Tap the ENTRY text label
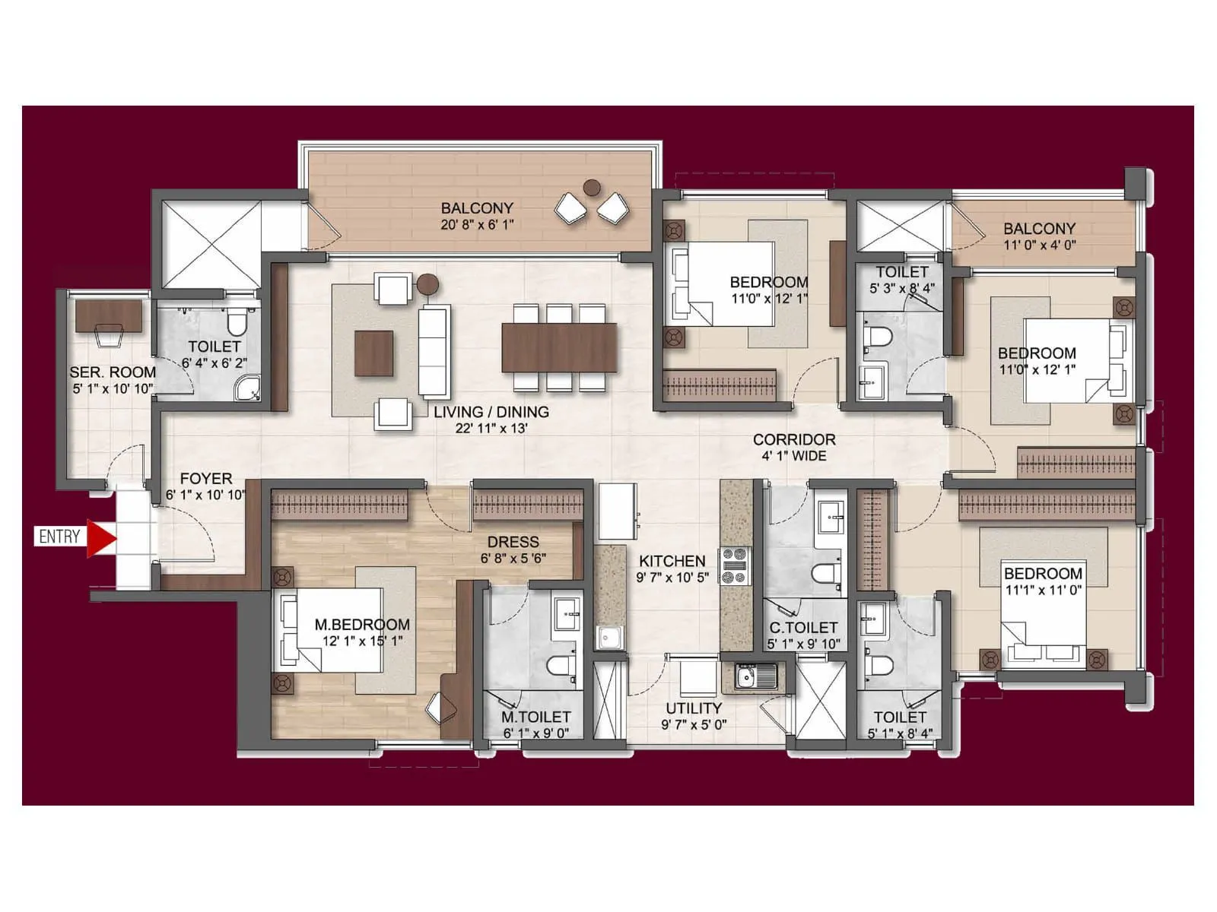click(59, 537)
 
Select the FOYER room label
click(206, 479)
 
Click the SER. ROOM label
click(113, 372)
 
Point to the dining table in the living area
click(559, 347)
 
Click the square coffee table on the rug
click(373, 353)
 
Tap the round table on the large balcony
click(592, 186)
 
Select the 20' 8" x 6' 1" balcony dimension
click(477, 225)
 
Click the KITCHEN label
click(672, 561)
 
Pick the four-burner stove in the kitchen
click(736, 566)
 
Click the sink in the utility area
click(756, 674)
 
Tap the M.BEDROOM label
click(362, 625)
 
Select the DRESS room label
click(513, 542)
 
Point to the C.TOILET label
click(802, 628)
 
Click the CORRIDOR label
click(794, 439)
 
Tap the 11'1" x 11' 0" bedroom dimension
click(1043, 590)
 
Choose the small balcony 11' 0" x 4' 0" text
click(1039, 245)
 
